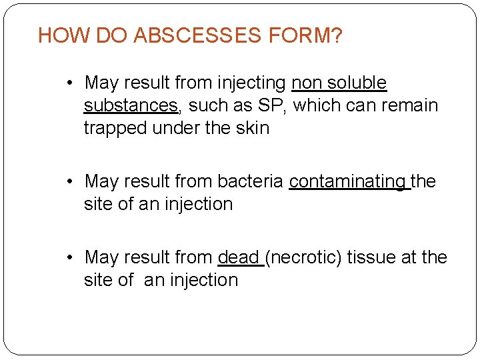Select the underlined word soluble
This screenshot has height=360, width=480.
360,83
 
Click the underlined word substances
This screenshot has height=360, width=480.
131,105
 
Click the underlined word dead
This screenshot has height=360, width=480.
238,257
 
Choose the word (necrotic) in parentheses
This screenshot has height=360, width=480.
304,257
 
